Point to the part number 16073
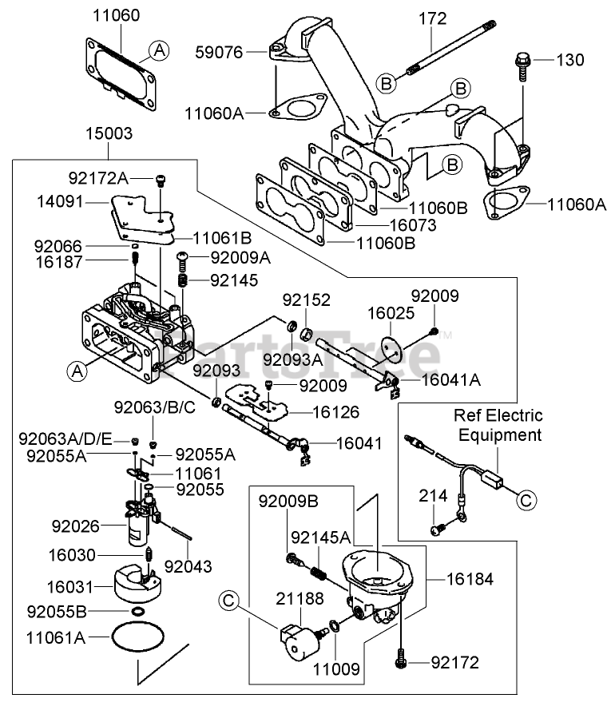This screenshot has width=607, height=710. (413, 226)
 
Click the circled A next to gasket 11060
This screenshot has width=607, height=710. (160, 50)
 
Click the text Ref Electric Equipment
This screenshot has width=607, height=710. (498, 425)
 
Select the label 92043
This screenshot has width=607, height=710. (188, 568)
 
